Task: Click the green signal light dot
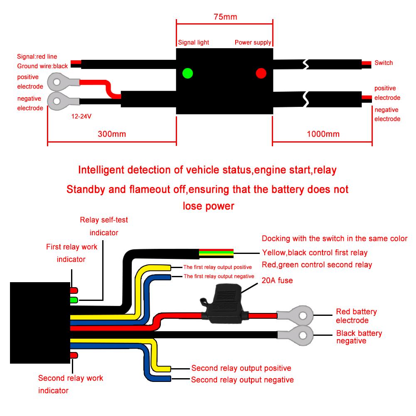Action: (188, 74)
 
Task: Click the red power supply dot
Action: (261, 74)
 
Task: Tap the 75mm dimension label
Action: (225, 17)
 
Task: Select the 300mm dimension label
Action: (112, 134)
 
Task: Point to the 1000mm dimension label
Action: (323, 134)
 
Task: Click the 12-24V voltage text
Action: (81, 117)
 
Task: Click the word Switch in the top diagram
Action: (384, 63)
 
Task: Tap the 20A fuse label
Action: (277, 281)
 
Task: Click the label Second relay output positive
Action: (241, 368)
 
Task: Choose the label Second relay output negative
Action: (242, 380)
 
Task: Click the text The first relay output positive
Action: (218, 267)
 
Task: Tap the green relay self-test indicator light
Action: (74, 300)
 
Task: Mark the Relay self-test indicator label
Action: (104, 226)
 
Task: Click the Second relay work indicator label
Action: (70, 384)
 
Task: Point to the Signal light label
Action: (193, 42)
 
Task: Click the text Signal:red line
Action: (37, 57)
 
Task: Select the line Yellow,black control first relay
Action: (315, 253)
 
